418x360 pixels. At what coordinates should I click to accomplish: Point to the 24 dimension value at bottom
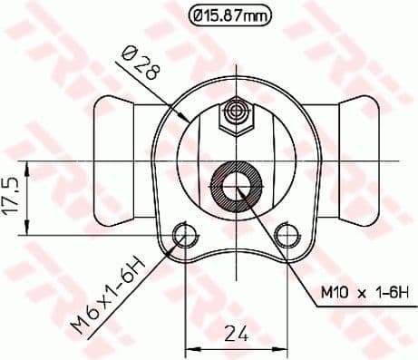click(236, 334)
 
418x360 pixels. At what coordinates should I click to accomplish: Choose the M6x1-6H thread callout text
click(109, 294)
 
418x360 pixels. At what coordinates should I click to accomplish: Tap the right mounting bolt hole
click(287, 235)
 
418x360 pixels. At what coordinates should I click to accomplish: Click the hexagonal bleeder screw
click(237, 114)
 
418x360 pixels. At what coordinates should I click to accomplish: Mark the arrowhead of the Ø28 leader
click(186, 119)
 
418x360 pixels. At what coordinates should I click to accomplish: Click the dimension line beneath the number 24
click(237, 348)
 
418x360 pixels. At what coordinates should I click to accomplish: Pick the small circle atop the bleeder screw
click(237, 110)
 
